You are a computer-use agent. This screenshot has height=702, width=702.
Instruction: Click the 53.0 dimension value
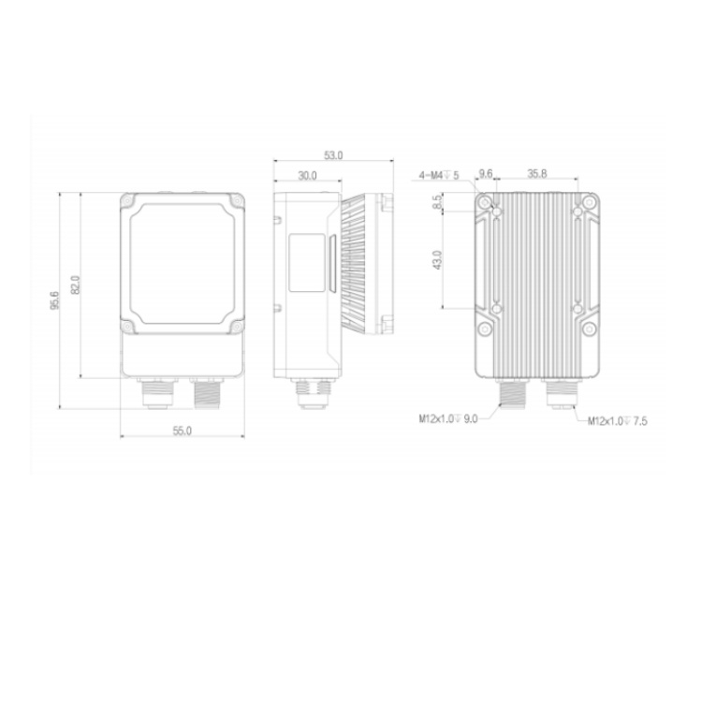333,155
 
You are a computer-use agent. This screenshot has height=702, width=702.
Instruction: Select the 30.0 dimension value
307,176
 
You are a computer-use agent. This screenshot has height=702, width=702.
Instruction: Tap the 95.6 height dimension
54,300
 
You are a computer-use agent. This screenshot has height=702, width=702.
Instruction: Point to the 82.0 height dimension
76,285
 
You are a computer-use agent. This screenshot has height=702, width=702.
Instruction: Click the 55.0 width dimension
183,431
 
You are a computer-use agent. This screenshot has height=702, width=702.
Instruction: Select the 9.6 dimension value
486,173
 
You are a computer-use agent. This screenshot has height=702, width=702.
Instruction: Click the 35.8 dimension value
537,173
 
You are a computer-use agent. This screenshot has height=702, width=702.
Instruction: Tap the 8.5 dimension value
437,201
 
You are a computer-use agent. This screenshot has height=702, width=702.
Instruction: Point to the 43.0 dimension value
437,259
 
